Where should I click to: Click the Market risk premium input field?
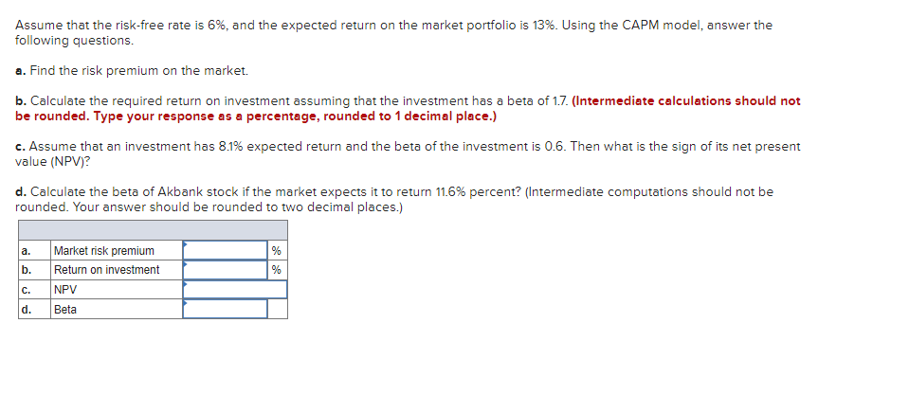[225, 250]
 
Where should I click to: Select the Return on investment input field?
[225, 270]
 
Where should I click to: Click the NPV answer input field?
[234, 290]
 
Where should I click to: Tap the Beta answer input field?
[225, 310]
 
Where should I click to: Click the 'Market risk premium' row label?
[103, 250]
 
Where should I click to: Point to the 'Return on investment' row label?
[106, 270]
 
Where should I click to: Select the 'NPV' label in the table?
[65, 290]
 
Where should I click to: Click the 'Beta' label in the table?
[65, 310]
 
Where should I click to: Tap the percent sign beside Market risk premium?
[276, 250]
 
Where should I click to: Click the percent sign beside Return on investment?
[276, 270]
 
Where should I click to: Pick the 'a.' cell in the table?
[26, 250]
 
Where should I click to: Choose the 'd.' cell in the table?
[26, 310]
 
